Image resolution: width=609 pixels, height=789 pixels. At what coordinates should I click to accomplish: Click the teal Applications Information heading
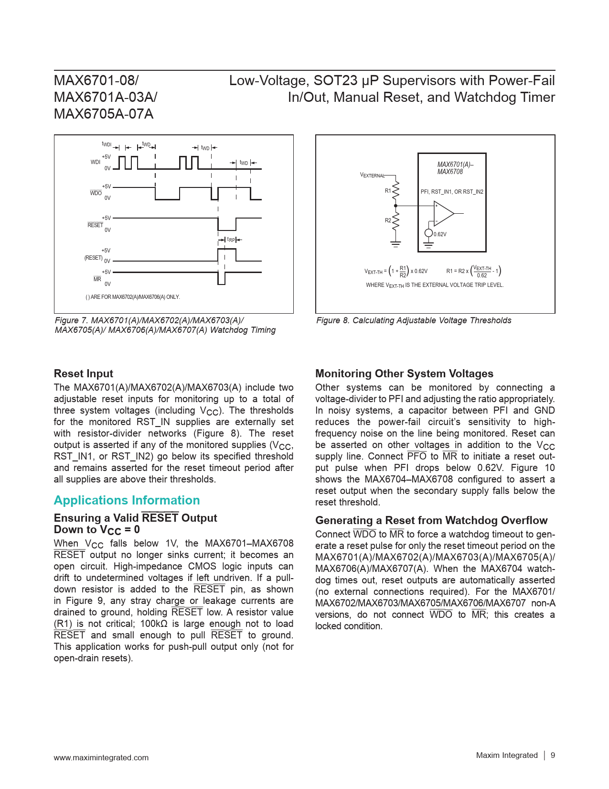(127, 500)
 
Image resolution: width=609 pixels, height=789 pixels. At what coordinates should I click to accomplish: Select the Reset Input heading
(84, 373)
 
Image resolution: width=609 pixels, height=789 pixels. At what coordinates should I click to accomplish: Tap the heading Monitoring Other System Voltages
(404, 373)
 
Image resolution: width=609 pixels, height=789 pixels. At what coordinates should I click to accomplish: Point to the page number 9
(553, 755)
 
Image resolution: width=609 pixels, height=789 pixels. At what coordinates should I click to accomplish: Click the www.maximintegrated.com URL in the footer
(101, 757)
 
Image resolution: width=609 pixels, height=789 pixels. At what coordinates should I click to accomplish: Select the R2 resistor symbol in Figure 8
(395, 221)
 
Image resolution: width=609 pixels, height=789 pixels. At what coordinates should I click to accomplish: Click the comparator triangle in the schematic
(443, 213)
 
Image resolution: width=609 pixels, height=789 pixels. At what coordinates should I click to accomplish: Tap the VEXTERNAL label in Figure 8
(372, 175)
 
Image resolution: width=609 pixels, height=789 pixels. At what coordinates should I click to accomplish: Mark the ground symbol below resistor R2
(395, 244)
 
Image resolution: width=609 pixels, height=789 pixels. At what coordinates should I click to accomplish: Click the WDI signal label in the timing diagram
(96, 162)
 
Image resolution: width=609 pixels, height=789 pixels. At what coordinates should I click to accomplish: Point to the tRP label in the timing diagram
(231, 240)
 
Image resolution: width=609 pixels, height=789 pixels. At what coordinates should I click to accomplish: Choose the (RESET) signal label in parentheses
(94, 258)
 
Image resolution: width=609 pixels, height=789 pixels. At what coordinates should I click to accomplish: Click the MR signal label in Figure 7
(97, 279)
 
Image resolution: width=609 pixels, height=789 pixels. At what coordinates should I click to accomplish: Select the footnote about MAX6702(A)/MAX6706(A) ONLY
(133, 297)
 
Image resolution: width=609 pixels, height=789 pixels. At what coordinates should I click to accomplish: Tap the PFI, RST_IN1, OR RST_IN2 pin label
(452, 192)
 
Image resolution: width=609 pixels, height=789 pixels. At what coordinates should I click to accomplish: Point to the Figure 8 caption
(414, 320)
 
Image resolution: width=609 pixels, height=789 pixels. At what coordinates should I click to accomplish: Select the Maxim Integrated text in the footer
(507, 755)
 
